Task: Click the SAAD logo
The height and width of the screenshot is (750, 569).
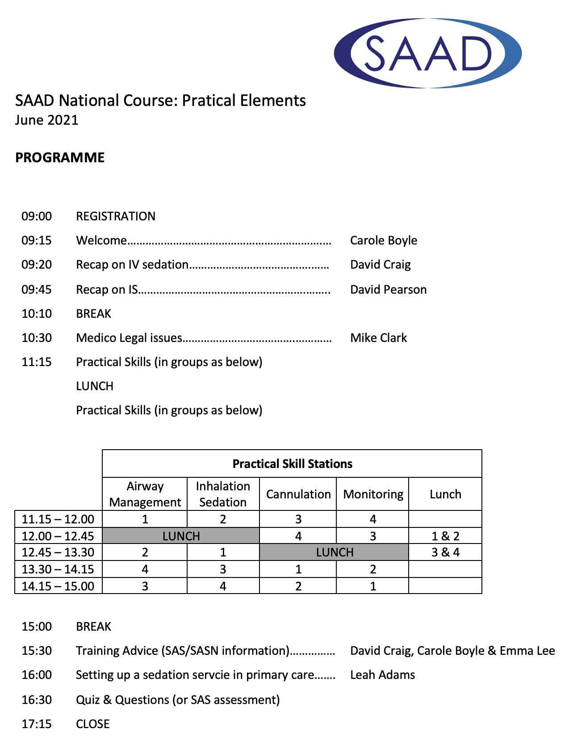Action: pos(427,53)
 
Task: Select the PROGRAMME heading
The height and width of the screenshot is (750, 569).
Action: pos(60,158)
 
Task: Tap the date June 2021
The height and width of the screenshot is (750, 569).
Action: pos(47,120)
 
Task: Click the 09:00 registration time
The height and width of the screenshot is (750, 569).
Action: pos(37,216)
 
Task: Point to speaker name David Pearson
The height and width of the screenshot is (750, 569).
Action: pos(388,290)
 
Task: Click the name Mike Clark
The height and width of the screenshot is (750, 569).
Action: pos(378,338)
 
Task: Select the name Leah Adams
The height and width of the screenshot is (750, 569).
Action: pos(382,675)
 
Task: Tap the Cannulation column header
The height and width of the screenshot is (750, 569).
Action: pos(298,494)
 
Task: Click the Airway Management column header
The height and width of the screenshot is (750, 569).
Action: pos(145,494)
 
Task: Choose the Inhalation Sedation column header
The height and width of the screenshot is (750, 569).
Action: pos(223,494)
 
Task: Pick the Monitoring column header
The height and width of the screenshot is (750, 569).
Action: pos(373,494)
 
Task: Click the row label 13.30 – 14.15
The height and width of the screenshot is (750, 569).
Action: pos(58,569)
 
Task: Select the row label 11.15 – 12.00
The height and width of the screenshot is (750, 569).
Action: pos(58,519)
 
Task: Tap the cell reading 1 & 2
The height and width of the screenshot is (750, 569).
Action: pos(445,536)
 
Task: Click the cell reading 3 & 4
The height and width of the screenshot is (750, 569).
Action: pos(445,552)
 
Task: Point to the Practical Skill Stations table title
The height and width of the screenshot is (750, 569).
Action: pos(292,464)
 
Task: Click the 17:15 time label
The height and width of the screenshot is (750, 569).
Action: pos(37,724)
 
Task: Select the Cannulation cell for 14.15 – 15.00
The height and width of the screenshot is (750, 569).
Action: pos(298,586)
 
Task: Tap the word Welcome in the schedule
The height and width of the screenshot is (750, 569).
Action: pos(101,240)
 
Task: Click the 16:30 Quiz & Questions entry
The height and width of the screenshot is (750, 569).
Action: pos(178,700)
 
